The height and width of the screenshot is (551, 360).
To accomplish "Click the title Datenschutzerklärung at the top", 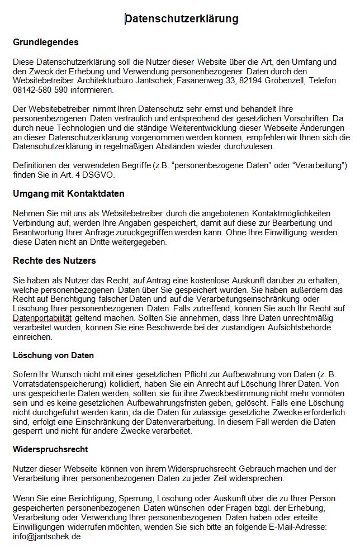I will [x=182, y=19].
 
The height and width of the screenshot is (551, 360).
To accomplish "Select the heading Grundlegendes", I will [x=46, y=42].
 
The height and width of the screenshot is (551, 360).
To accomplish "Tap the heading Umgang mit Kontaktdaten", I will [x=69, y=194].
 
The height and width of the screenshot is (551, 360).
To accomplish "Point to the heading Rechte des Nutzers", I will [x=55, y=260].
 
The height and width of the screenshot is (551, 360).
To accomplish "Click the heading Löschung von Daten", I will [x=54, y=355].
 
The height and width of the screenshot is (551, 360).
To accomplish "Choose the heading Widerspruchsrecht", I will [x=50, y=449].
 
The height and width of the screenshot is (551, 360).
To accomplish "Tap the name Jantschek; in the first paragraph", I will [x=154, y=80].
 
